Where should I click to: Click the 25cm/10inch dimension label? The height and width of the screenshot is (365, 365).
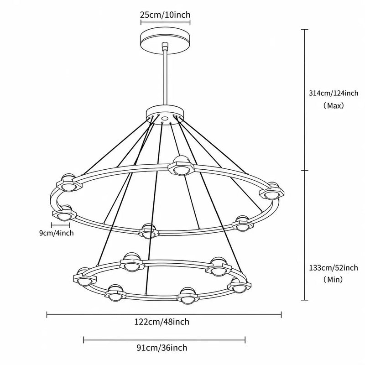165,15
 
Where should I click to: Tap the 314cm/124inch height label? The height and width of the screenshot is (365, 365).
334,93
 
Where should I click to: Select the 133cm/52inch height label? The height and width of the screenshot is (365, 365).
334,268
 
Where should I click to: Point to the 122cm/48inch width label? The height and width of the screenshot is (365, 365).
162,322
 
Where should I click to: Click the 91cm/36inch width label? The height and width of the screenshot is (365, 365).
162,348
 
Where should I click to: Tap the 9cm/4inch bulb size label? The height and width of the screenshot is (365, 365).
56,233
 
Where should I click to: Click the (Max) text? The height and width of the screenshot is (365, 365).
334,106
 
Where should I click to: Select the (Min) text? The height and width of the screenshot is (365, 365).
334,279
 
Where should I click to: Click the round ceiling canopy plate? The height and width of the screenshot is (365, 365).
165,41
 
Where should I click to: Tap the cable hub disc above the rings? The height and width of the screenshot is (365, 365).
165,113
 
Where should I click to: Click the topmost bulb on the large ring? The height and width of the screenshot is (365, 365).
181,166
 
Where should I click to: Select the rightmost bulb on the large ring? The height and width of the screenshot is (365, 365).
271,191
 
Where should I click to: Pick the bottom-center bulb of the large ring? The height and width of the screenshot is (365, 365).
149,231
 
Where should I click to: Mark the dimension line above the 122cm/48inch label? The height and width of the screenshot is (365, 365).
164,315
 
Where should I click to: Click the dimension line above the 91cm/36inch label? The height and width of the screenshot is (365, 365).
164,340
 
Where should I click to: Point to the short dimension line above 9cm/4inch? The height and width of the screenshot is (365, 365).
61,225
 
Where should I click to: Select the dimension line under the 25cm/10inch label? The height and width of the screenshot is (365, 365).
165,22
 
